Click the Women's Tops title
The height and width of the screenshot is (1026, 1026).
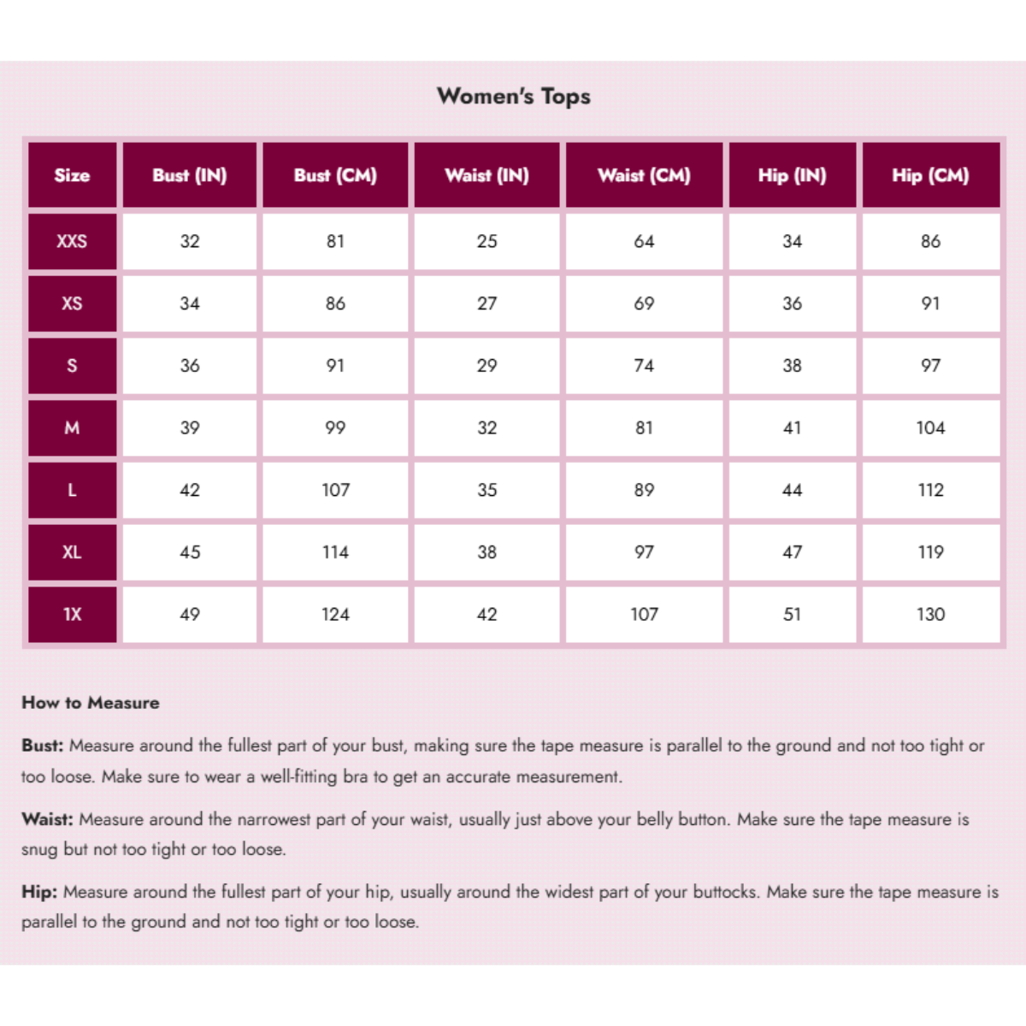[514, 96]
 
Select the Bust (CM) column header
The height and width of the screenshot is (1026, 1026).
[335, 175]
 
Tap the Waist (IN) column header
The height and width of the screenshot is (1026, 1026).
[486, 175]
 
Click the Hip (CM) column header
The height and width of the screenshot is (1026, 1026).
[930, 175]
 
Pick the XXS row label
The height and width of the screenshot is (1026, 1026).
[72, 241]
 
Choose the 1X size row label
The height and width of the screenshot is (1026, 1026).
[72, 614]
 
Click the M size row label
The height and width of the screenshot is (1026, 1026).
[72, 427]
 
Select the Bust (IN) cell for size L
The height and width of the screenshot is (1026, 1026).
[190, 490]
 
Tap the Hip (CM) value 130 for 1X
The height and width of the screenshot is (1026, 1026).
[930, 614]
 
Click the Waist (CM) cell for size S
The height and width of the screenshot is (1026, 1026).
[644, 366]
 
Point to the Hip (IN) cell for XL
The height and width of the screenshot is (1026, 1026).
[792, 552]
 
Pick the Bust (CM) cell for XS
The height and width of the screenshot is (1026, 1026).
[335, 304]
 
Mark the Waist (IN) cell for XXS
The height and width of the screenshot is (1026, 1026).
[486, 241]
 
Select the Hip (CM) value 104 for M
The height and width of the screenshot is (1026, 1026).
[930, 427]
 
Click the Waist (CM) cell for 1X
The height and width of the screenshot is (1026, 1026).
[644, 614]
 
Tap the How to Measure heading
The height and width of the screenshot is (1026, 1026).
[91, 703]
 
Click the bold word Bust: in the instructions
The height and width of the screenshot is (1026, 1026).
[43, 746]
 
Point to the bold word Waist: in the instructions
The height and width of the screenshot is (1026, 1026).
[48, 819]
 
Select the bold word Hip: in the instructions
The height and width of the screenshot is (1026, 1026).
[39, 892]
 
